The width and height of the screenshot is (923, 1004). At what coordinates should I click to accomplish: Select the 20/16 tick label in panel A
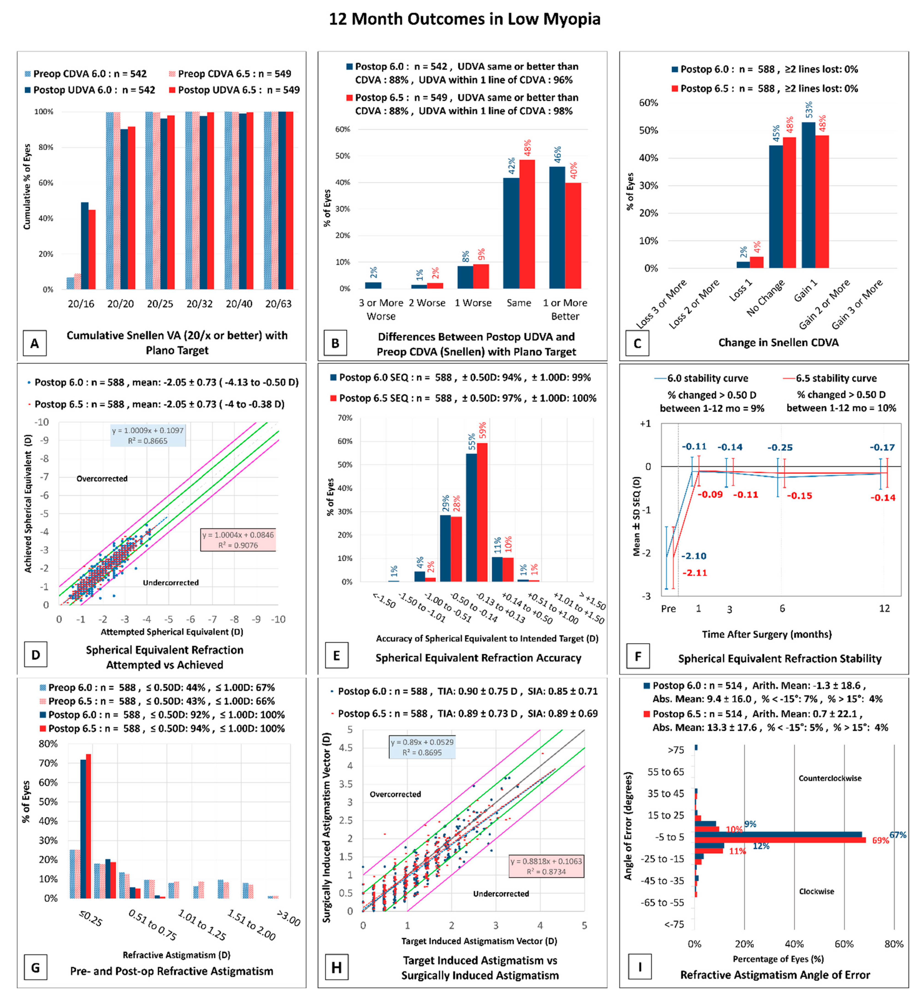pyautogui.click(x=81, y=304)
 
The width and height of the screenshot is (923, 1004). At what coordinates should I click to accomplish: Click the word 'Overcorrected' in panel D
pyautogui.click(x=102, y=478)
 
